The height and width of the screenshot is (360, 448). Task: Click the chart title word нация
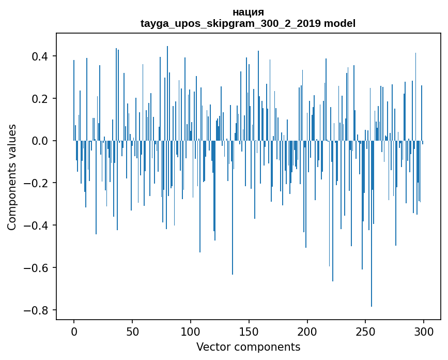(248, 12)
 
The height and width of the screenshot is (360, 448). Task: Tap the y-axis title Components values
(12, 177)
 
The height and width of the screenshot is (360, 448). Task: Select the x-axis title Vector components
(248, 347)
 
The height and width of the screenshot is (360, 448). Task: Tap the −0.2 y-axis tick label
(38, 183)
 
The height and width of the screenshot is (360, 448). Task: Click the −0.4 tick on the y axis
(38, 226)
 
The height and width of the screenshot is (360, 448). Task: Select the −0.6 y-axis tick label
(38, 268)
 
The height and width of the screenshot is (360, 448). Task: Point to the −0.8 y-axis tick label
(38, 310)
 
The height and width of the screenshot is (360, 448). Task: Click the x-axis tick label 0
(74, 332)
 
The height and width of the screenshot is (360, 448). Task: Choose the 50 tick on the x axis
(132, 332)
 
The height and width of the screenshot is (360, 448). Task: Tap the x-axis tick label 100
(191, 332)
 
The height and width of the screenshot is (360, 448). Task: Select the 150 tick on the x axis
(249, 332)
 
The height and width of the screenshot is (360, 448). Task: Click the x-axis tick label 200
(307, 332)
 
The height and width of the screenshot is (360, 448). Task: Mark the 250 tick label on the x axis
(365, 332)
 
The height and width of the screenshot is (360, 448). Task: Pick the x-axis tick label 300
(424, 332)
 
